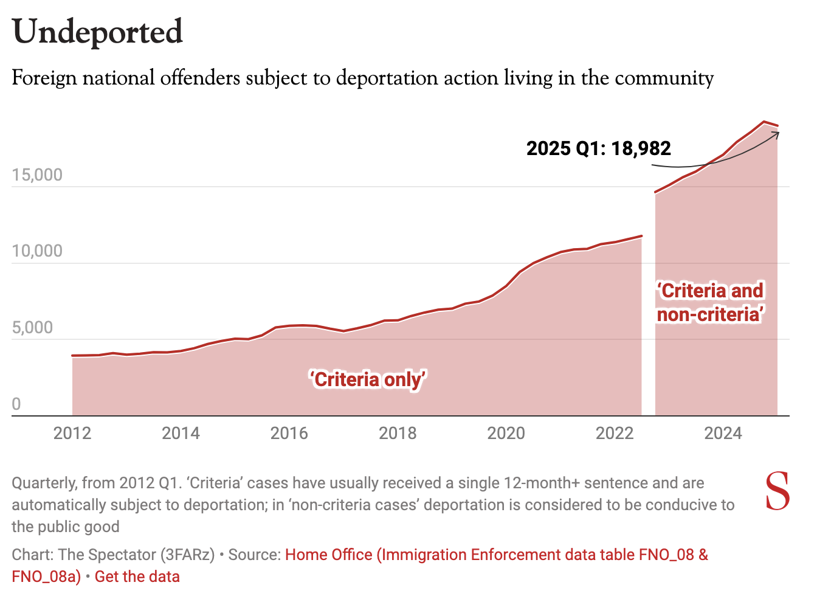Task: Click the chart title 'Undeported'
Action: tap(97, 32)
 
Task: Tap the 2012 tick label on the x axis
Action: tap(72, 433)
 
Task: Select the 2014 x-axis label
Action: tap(181, 433)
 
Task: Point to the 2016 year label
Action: tap(289, 433)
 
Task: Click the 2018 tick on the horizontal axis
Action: tap(398, 433)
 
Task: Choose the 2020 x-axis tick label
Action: tap(506, 433)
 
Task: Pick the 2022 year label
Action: tap(615, 433)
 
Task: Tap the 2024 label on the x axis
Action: tap(723, 433)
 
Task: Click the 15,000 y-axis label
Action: tap(37, 175)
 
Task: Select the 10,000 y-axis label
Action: tap(37, 251)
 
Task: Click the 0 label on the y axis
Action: tap(16, 404)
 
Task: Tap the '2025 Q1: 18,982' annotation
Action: tap(598, 148)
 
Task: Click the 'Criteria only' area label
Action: tap(368, 379)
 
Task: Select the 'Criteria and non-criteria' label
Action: tap(710, 302)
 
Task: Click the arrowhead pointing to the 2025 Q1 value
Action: tap(776, 133)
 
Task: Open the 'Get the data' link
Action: tap(137, 576)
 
